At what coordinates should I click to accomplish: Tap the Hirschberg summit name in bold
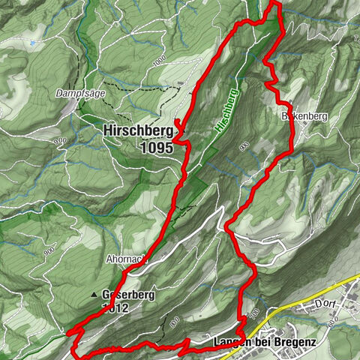(x=136, y=131)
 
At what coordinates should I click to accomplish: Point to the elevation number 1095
(x=156, y=148)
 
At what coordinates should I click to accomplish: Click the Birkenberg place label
(x=301, y=117)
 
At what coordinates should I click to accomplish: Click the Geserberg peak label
(x=128, y=295)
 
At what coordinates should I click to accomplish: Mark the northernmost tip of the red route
(x=274, y=3)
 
